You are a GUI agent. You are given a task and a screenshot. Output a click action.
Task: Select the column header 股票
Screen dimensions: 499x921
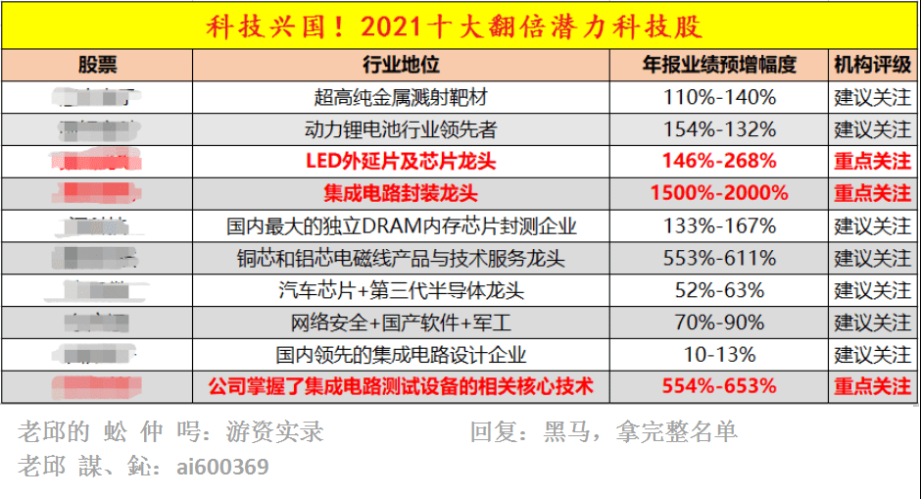[97, 66]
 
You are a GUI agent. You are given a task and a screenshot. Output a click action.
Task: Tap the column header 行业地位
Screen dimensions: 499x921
[401, 66]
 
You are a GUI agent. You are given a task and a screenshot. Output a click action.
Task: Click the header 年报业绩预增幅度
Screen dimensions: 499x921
[719, 66]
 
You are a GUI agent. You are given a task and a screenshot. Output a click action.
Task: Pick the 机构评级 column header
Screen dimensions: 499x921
[872, 66]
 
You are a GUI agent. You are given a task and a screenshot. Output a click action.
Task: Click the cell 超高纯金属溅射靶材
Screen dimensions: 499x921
[401, 98]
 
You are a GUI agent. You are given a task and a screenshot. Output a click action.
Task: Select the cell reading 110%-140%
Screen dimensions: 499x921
[719, 98]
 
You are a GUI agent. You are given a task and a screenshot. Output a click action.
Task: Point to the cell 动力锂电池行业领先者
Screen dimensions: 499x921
[401, 129]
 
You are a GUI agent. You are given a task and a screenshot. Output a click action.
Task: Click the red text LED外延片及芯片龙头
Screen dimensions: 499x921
[401, 161]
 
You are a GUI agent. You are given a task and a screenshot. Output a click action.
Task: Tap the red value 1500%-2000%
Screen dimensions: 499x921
[719, 193]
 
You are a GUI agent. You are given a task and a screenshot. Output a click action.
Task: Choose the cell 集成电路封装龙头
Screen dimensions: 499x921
[401, 193]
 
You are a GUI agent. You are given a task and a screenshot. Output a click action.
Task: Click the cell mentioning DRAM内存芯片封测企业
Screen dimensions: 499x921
[401, 225]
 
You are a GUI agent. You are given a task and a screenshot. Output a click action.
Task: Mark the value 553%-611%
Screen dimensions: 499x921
[719, 258]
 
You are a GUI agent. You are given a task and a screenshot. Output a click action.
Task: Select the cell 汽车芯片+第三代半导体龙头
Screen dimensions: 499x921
[401, 290]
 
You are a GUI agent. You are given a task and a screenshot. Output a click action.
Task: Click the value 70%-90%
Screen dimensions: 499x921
[719, 323]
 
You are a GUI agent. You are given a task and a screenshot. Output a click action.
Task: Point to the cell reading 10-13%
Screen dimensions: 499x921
[719, 354]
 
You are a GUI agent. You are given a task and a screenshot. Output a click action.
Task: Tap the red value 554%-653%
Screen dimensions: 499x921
[719, 386]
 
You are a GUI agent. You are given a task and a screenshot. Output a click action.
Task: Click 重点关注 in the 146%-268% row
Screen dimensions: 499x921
[872, 161]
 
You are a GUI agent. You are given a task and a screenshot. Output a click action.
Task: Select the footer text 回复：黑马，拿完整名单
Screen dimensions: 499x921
[604, 432]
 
